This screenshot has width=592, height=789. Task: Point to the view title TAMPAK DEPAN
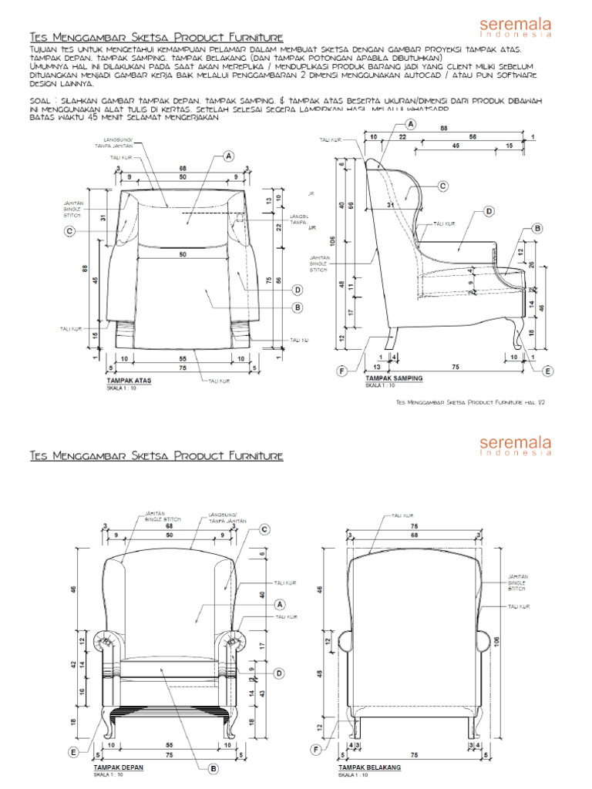(118, 768)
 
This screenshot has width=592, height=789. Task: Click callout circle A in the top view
(228, 156)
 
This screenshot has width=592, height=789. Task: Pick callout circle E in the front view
(74, 752)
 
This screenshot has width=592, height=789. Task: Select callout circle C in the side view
(442, 186)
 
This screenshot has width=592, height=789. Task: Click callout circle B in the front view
(214, 767)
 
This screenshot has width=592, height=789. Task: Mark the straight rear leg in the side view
(393, 339)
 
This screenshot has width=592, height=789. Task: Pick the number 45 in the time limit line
(75, 117)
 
